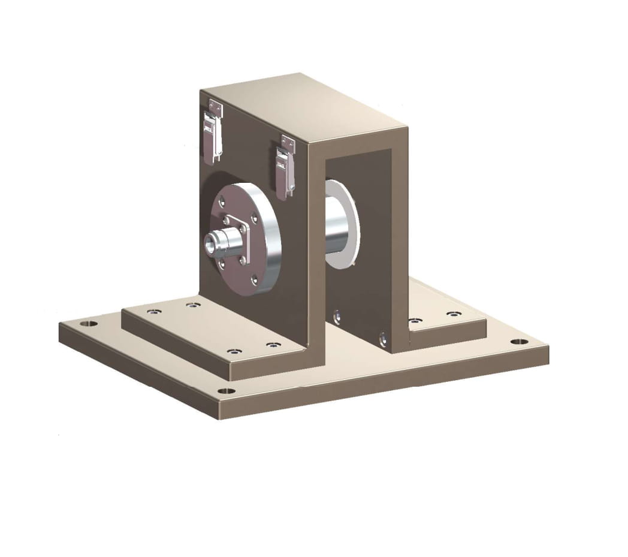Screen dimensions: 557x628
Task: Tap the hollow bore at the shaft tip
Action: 210,243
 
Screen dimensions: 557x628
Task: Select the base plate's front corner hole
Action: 226,391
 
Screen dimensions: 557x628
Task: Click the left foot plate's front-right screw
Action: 273,345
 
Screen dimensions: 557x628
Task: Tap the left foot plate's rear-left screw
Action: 154,312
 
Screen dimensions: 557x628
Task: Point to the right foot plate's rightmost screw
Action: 454,314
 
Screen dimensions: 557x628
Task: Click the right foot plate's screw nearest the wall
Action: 414,321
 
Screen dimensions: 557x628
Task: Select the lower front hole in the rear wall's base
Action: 383,340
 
